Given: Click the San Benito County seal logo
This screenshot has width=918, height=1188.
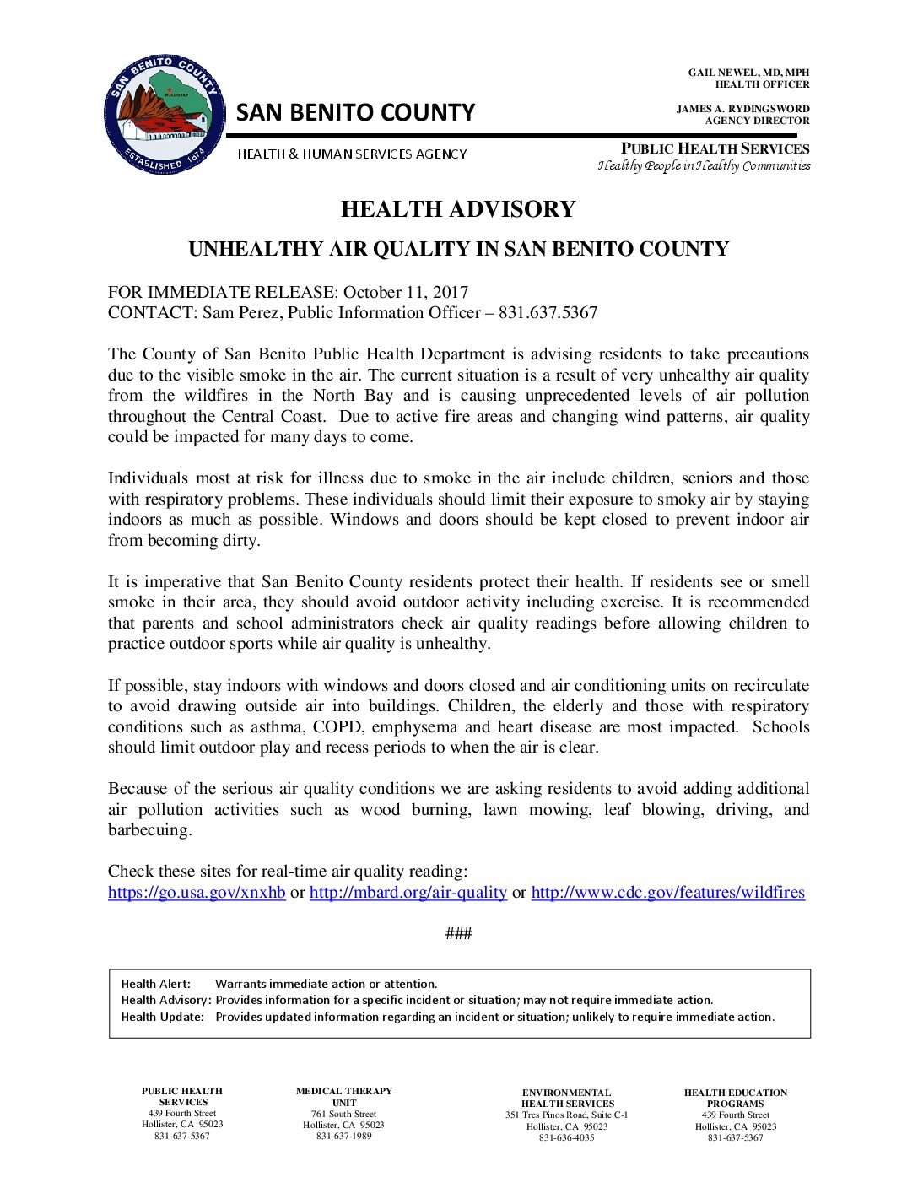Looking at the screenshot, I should tap(165, 116).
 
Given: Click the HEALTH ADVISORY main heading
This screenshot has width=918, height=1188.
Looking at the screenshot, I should tap(458, 209).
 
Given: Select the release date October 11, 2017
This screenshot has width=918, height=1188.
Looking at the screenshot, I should tap(406, 292).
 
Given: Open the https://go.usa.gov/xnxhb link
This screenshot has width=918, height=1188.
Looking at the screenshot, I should tap(197, 893).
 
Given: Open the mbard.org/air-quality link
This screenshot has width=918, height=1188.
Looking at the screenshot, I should tap(408, 893).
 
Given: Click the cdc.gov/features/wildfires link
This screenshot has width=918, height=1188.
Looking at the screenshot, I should tap(667, 893).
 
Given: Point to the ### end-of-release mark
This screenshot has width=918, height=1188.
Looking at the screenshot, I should tap(458, 933).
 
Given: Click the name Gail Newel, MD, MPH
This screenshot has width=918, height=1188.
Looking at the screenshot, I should tap(748, 73).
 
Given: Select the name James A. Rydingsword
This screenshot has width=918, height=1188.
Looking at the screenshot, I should tap(742, 109).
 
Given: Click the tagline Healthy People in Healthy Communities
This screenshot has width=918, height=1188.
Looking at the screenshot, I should tap(704, 165).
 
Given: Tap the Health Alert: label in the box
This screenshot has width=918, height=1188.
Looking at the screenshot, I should tap(156, 984).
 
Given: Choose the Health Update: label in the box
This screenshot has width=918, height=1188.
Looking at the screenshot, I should tap(163, 1017).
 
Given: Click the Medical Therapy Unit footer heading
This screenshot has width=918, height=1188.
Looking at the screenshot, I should tap(344, 1097).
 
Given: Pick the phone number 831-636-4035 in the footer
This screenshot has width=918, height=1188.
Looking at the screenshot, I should tap(567, 1137).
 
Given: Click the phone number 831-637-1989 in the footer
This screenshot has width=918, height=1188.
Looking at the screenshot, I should tap(343, 1136).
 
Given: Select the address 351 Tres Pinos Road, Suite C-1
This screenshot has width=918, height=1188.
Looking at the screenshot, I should tap(567, 1115).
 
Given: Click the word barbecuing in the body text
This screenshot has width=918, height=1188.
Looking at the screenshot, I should tap(149, 830).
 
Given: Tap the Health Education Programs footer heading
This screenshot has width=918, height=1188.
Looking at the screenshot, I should tap(736, 1098).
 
